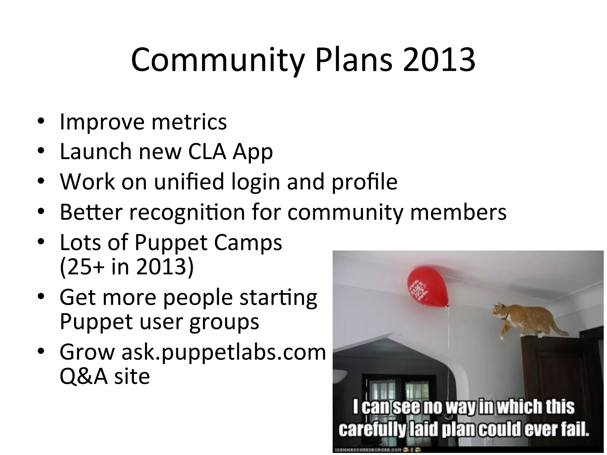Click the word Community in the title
coord(218,61)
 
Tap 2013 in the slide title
coord(439,61)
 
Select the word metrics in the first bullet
coord(189,122)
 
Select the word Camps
coord(248,242)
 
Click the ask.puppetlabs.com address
coord(223,353)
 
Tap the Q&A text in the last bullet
coord(84,377)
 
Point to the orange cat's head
coord(501,312)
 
